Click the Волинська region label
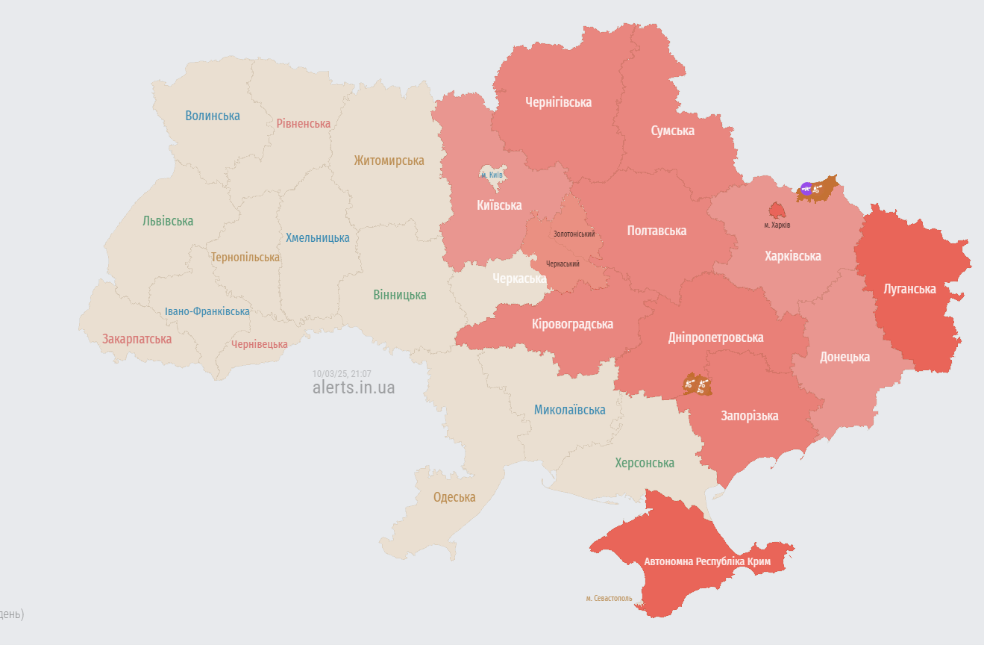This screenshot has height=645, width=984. point(213,116)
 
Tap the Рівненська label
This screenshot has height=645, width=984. point(303,123)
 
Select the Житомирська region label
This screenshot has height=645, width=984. point(389,161)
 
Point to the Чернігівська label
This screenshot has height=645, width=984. point(558,102)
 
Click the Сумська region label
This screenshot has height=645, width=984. point(672,131)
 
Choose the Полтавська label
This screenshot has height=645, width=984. point(656,231)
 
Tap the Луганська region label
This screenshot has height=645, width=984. point(909,289)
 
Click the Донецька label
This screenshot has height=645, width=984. point(844,357)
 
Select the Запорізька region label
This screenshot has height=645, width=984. point(749,416)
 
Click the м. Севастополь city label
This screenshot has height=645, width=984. point(609,599)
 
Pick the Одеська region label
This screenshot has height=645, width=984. point(454,497)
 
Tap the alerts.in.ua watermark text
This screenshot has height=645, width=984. point(354,388)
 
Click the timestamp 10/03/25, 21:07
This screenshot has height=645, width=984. point(342,374)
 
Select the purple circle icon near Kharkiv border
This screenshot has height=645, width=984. point(806,188)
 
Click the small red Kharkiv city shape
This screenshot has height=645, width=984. point(777,211)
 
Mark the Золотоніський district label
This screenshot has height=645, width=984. point(574,234)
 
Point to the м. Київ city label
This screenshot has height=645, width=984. point(492,175)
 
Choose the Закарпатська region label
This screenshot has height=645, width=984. point(137,339)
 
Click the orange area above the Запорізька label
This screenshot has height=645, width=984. point(698,385)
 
